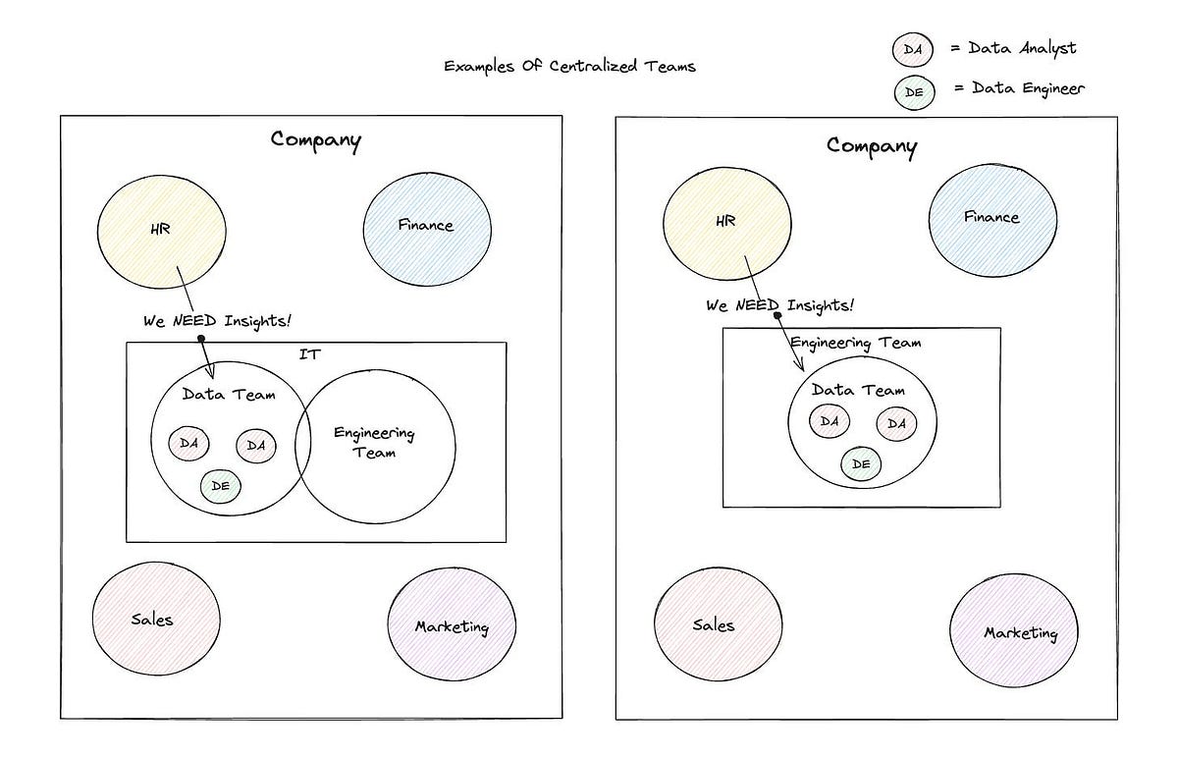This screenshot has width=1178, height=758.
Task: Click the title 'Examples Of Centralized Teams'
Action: tap(569, 67)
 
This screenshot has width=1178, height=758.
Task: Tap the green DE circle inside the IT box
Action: tap(220, 485)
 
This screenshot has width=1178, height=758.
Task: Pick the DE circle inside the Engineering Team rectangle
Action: tap(861, 463)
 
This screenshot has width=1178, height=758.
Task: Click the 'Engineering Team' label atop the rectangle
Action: tap(855, 343)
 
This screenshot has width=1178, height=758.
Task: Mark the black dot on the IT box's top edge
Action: tap(200, 339)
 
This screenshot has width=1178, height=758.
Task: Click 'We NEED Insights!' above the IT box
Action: tap(217, 321)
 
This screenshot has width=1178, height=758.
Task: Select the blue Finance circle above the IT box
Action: tap(426, 226)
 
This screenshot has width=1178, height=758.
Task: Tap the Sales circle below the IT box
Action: tap(155, 619)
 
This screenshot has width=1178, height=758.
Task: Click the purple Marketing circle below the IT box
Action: tap(452, 626)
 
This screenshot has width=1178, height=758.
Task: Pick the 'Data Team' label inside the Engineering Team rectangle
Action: tap(858, 391)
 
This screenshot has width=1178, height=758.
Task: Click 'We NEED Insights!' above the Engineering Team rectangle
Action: tap(779, 305)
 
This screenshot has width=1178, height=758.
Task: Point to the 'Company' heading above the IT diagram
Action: tap(316, 139)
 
